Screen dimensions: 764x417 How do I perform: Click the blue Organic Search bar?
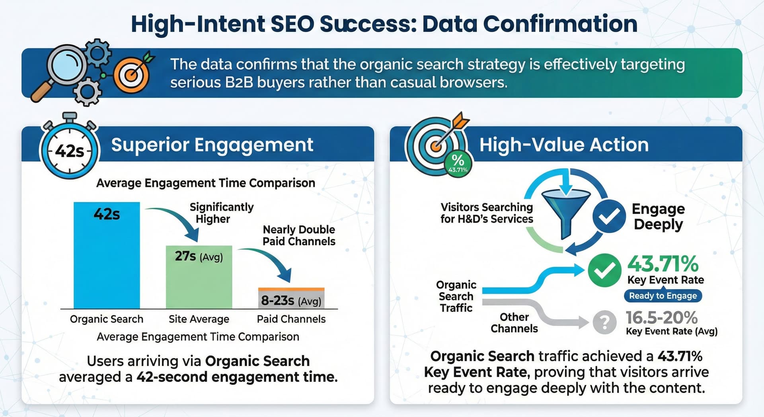coord(107,255)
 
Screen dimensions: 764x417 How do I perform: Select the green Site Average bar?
coord(199,277)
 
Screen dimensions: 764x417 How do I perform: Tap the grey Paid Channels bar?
coord(291,298)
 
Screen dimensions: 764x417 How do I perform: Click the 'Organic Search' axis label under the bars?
coord(107,319)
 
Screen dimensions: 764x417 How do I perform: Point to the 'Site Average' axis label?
coord(199,319)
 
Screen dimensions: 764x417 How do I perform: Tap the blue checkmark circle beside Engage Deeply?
coord(609,216)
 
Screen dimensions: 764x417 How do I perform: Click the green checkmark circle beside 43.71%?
coord(604,270)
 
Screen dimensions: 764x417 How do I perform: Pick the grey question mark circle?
coord(604,322)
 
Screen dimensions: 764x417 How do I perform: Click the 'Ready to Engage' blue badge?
coord(663,296)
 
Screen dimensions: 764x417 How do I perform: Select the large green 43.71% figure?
coord(663,263)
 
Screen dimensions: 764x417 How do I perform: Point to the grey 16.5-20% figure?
coord(661,318)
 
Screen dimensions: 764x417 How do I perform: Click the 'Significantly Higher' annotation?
coord(221,213)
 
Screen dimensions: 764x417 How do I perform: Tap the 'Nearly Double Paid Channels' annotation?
coord(299,235)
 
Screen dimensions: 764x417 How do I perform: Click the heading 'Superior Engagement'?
coord(212,145)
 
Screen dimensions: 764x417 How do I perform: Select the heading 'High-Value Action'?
coord(564,145)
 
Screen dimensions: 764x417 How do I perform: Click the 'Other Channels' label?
coord(514,323)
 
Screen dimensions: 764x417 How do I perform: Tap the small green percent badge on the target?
coord(458,163)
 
